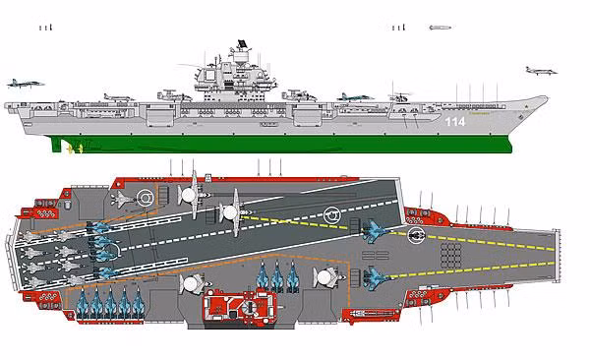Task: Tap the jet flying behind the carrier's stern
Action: pyautogui.click(x=24, y=84)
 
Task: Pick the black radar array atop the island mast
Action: pyautogui.click(x=236, y=43)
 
